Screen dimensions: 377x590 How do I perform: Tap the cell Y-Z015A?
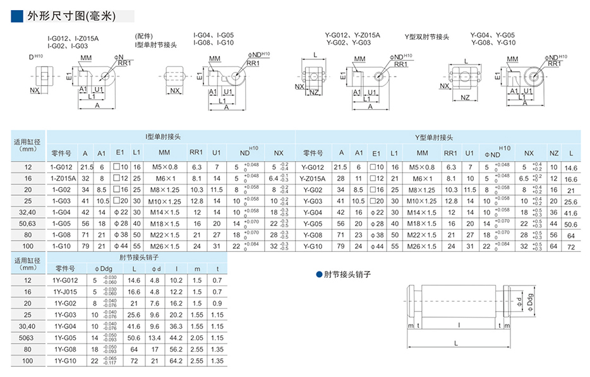(x=313, y=178)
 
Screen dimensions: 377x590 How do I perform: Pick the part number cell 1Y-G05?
(x=65, y=338)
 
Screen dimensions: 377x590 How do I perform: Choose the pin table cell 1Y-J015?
(x=65, y=292)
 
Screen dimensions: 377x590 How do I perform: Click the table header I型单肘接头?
(x=162, y=137)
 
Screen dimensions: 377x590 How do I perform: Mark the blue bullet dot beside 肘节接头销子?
(x=319, y=275)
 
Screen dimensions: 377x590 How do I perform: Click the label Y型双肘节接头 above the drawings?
(x=427, y=37)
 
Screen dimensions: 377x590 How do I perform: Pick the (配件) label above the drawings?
(x=145, y=36)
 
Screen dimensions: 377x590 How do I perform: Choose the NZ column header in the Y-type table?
(x=554, y=153)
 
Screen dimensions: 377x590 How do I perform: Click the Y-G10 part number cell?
(x=313, y=245)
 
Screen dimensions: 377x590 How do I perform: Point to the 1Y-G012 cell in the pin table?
(x=65, y=280)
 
